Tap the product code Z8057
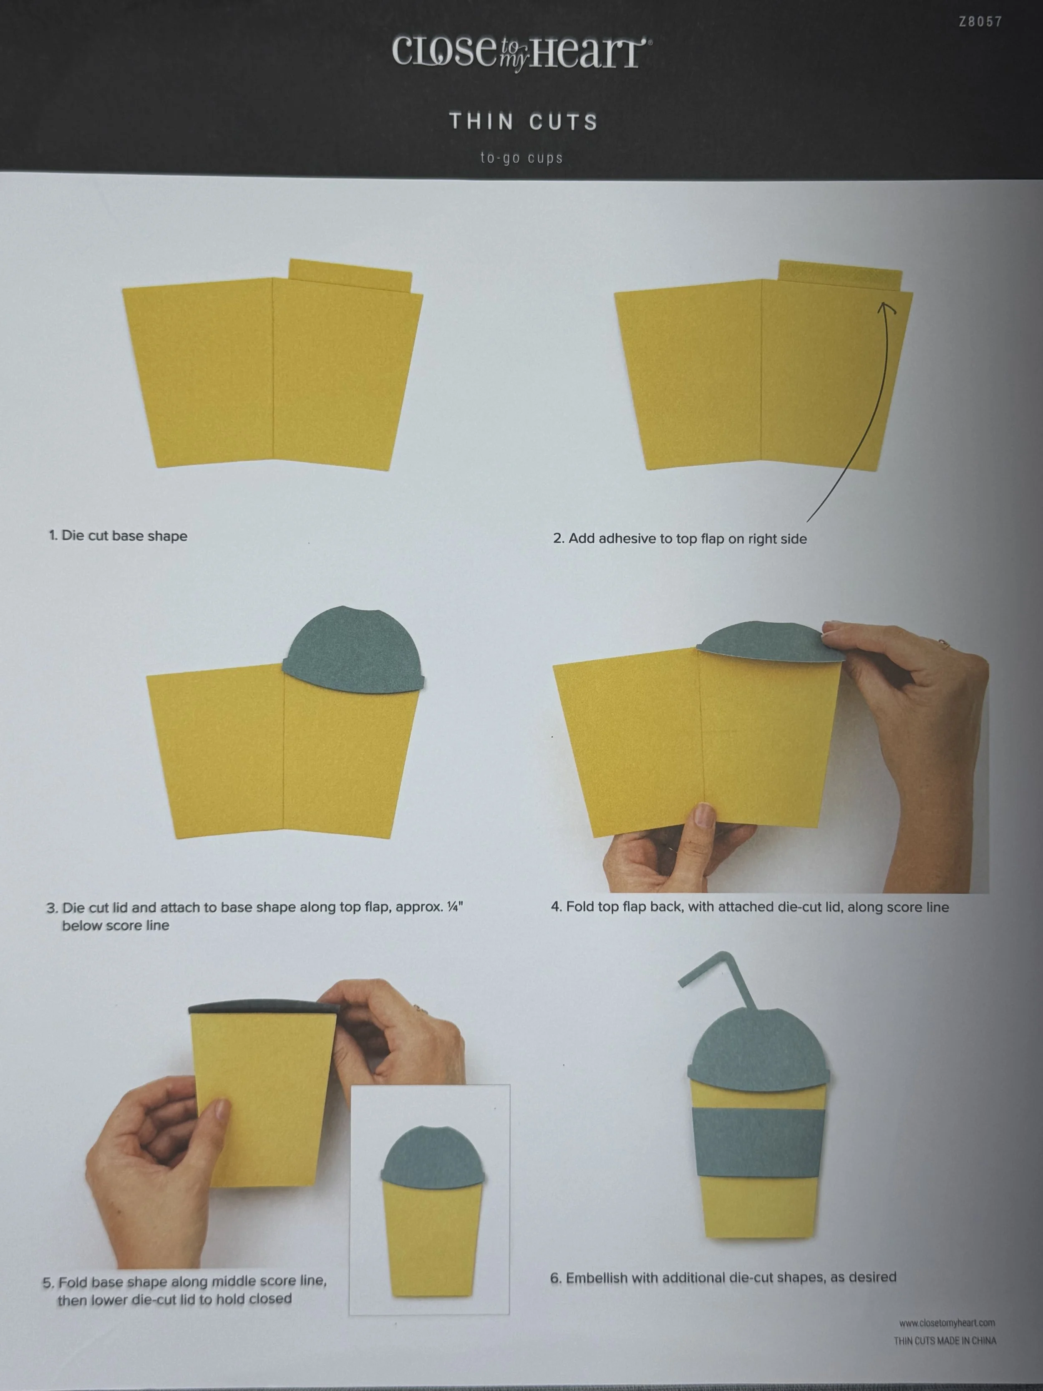(980, 21)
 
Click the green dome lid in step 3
(353, 651)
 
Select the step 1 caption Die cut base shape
(118, 536)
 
